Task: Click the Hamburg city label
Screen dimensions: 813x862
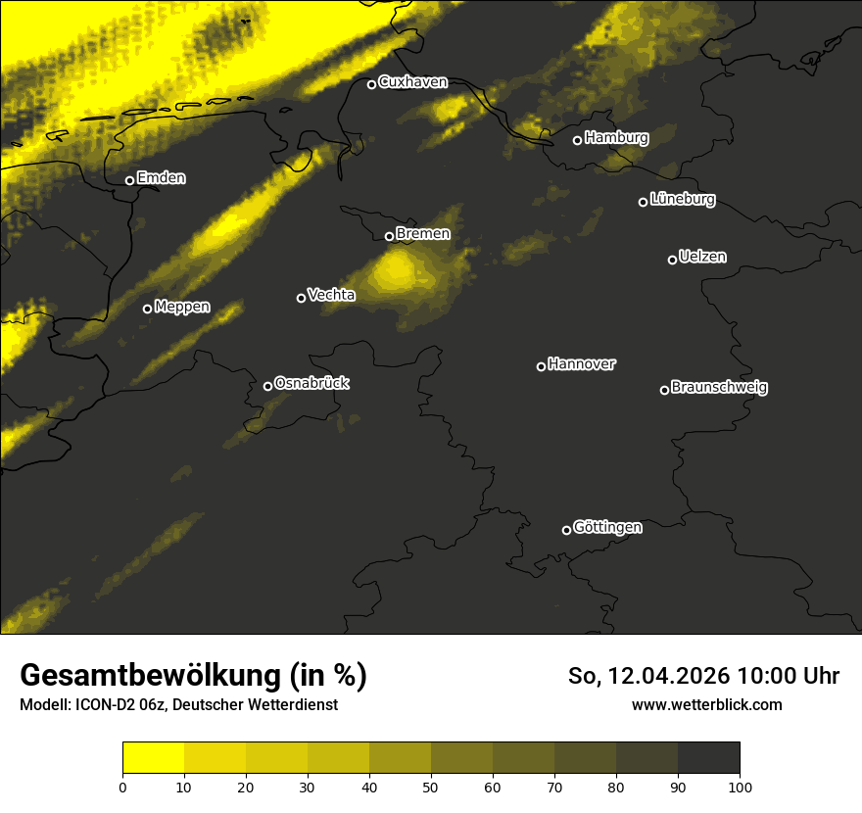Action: point(616,138)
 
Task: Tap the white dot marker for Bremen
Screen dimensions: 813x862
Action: point(389,236)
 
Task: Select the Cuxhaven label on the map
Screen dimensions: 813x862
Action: point(412,82)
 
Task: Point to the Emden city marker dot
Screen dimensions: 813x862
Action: point(129,180)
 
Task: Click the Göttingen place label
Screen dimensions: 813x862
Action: point(607,528)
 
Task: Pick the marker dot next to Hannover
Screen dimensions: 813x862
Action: point(541,366)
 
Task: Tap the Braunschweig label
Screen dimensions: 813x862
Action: point(719,388)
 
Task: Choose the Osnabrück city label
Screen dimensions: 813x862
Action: point(311,383)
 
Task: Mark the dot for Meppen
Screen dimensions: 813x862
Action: point(147,309)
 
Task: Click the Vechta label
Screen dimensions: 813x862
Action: point(331,295)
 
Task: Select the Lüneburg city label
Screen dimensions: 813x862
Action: point(682,200)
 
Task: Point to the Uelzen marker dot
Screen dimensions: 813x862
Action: point(672,260)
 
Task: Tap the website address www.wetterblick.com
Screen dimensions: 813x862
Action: point(706,704)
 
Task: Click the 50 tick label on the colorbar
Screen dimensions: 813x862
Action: point(431,786)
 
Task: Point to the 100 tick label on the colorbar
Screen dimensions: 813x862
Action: point(740,786)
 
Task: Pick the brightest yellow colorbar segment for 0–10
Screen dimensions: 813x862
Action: point(154,758)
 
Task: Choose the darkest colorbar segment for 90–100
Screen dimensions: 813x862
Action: point(708,758)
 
